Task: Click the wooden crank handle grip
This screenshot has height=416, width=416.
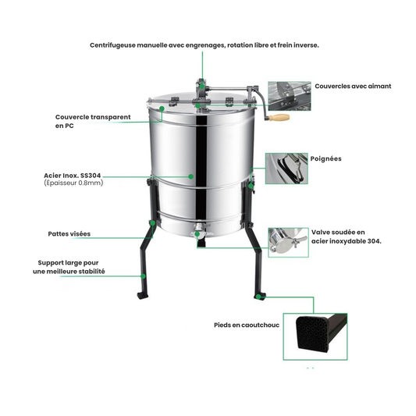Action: click(x=279, y=118)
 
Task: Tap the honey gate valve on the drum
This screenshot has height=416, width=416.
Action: click(x=199, y=232)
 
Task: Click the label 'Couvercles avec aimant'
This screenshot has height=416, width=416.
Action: click(x=353, y=86)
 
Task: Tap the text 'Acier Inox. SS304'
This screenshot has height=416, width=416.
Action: click(x=75, y=176)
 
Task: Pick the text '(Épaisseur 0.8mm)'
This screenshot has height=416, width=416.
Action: click(x=73, y=183)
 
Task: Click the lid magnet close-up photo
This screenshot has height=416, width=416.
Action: click(x=289, y=96)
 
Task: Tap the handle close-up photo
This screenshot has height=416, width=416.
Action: click(x=286, y=168)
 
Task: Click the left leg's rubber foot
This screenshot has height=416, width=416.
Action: click(x=141, y=296)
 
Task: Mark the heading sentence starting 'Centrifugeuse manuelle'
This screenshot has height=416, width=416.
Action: click(x=204, y=45)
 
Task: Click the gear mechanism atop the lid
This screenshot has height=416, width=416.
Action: click(x=200, y=98)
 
